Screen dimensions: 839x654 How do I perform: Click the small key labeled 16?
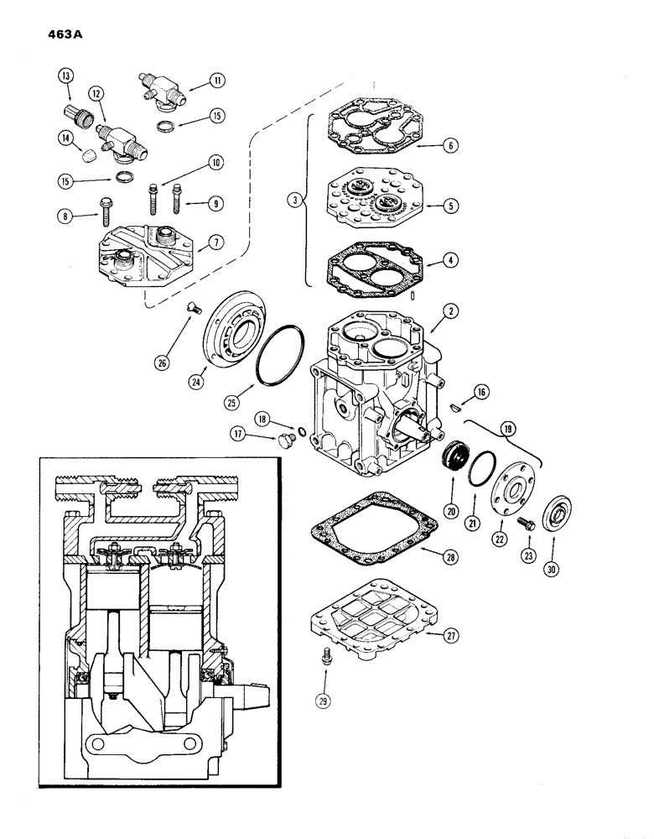click(456, 407)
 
